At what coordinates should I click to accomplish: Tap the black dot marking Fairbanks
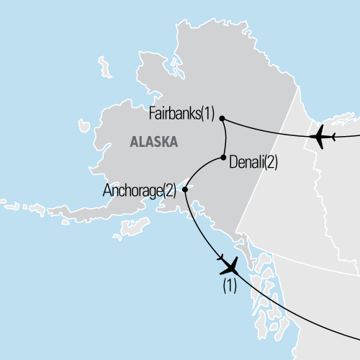tap(222, 118)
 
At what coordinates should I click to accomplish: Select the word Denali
tap(246, 163)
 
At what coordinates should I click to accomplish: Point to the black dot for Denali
tap(224, 158)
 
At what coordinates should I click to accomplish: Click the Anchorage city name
tap(132, 192)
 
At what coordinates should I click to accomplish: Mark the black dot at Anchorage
tap(185, 190)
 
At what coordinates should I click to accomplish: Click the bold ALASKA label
tap(153, 142)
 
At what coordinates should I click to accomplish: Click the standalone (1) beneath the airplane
tap(229, 284)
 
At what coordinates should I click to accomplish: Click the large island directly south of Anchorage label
tap(133, 226)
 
